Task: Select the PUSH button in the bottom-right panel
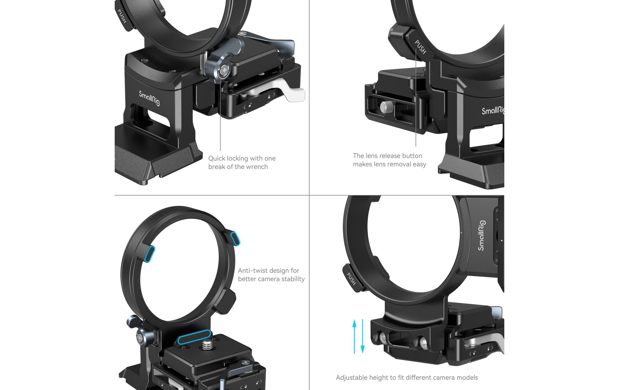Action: tap(351, 279)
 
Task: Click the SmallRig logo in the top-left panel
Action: tap(149, 98)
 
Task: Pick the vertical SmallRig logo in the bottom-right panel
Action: tap(481, 235)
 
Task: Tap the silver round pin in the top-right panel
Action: tap(385, 107)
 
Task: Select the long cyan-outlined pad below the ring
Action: tap(195, 337)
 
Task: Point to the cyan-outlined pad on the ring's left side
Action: tap(150, 254)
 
